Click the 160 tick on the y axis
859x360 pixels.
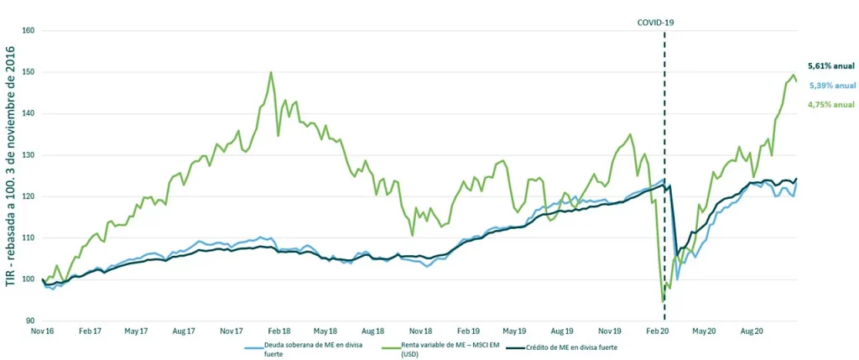[29, 31]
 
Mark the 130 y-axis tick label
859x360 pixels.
[29, 155]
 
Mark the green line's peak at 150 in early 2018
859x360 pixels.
[271, 72]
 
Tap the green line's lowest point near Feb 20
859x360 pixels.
[663, 300]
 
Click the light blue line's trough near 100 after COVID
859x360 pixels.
[677, 279]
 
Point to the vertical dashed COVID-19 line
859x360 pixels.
[664, 175]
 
